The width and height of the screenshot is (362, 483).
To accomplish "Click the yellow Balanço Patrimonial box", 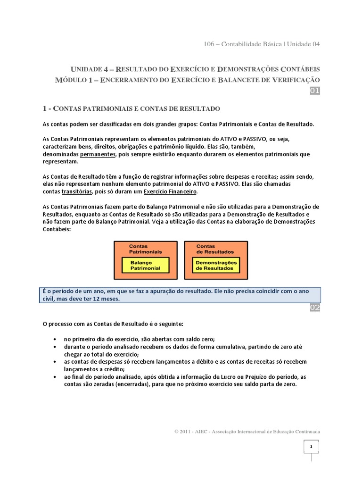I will click(x=145, y=265).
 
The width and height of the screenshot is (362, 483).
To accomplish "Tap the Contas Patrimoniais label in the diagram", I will click(x=145, y=249).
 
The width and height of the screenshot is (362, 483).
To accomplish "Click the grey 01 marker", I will click(x=315, y=91).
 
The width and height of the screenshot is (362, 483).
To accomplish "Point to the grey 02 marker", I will click(x=315, y=308).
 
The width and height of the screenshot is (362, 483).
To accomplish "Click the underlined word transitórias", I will click(x=77, y=192).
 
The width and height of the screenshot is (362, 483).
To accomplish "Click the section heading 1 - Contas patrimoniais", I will click(x=132, y=109).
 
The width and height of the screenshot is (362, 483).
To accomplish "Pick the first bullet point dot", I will click(x=56, y=340).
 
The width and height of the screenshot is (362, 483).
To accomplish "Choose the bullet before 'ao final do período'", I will click(x=56, y=377).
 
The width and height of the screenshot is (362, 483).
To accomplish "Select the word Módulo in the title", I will click(x=71, y=80).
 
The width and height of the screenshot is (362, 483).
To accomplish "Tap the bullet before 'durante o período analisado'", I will click(x=56, y=347).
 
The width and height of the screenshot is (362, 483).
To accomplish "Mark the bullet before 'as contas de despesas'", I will click(x=56, y=362).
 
